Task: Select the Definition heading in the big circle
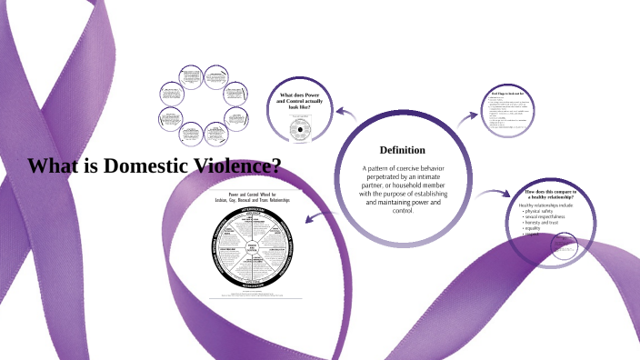pyautogui.click(x=402, y=149)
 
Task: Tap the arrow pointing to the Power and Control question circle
pyautogui.click(x=344, y=113)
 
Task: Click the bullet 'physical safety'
pyautogui.click(x=545, y=213)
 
